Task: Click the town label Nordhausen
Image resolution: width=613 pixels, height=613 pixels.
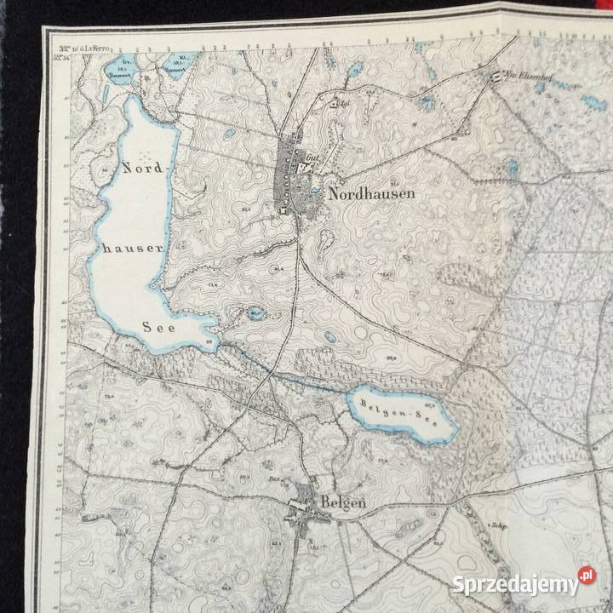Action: [x=372, y=194]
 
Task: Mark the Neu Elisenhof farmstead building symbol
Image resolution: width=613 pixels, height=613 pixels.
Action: [x=495, y=77]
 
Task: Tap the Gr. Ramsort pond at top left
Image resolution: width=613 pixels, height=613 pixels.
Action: [x=130, y=66]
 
